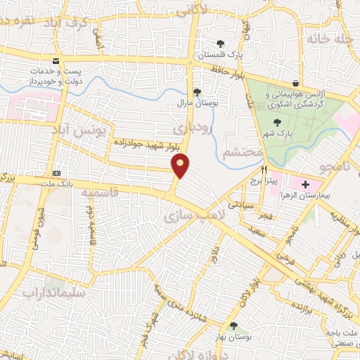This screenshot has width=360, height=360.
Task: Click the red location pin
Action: [181, 165]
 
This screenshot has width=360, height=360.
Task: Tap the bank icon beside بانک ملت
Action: [56, 174]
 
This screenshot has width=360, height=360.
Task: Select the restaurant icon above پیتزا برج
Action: [264, 169]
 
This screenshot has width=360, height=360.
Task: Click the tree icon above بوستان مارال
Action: [197, 91]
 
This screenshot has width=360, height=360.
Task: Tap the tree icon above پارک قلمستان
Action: [221, 43]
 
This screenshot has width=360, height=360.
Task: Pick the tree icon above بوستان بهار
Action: [233, 325]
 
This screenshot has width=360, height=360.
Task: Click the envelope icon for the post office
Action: [56, 61]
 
